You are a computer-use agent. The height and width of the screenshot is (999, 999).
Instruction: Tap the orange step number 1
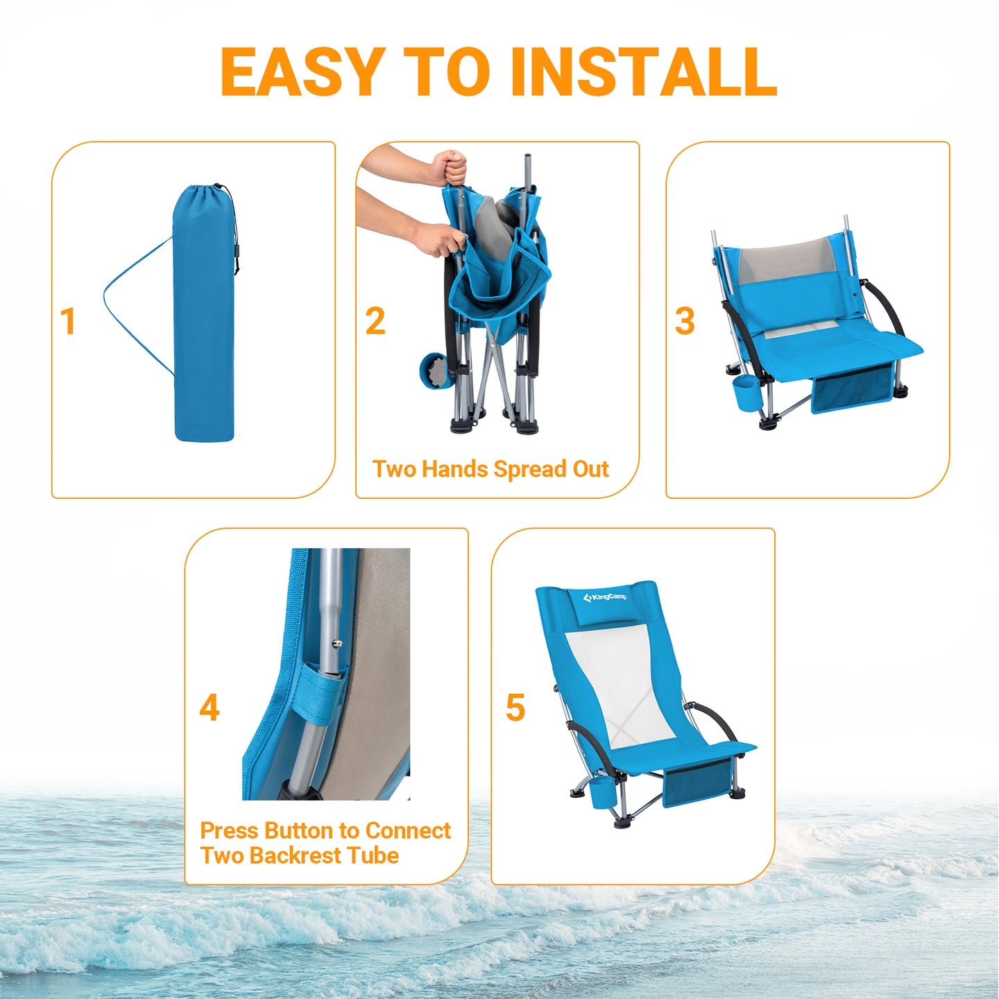(x=67, y=321)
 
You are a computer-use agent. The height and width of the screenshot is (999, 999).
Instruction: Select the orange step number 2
(x=375, y=321)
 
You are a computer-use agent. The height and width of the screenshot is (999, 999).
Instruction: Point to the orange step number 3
(x=685, y=321)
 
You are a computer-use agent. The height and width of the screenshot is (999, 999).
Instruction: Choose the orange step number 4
(x=209, y=708)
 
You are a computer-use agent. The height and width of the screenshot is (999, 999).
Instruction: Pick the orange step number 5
(x=515, y=708)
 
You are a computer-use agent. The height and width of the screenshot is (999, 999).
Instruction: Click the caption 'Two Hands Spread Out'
(x=490, y=470)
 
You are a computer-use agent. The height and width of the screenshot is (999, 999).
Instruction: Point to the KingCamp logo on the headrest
(x=605, y=597)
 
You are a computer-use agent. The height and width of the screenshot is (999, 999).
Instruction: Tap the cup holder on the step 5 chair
(x=602, y=792)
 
